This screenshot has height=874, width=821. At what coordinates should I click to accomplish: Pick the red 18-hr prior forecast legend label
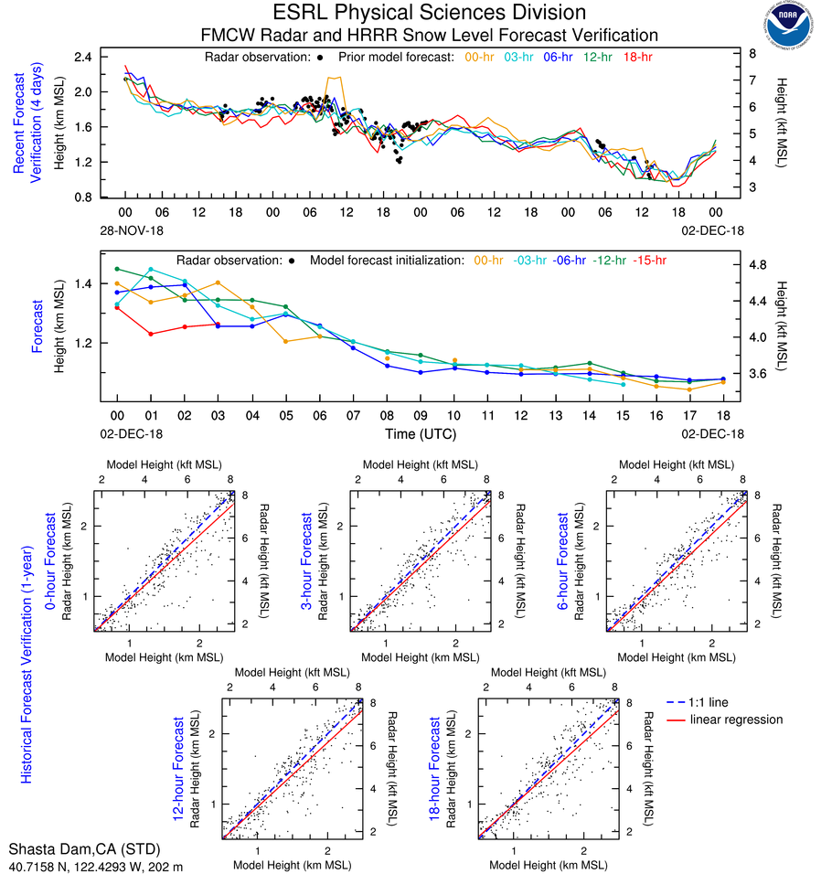[x=637, y=57]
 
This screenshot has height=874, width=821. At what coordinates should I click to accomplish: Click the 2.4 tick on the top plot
[x=83, y=57]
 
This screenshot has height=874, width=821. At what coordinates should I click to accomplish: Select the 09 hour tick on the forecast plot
[x=419, y=415]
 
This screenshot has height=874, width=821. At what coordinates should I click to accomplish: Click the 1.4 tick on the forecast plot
[x=83, y=284]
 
